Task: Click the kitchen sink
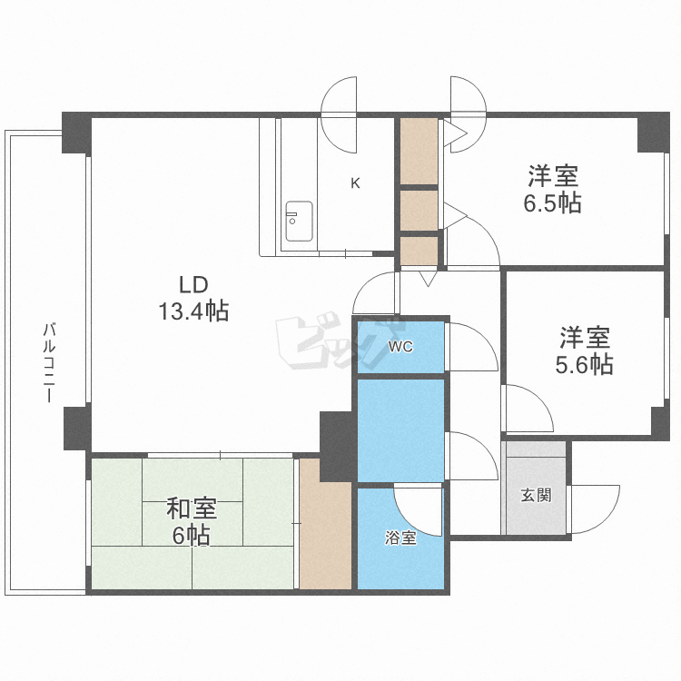299,221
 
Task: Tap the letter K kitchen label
356,183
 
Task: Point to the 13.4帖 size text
193,312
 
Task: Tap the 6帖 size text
192,536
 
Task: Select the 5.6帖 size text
584,365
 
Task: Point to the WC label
400,347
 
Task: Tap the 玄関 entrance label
535,496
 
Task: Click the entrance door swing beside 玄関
594,509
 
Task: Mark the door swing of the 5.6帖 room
528,409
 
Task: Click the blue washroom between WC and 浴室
400,429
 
